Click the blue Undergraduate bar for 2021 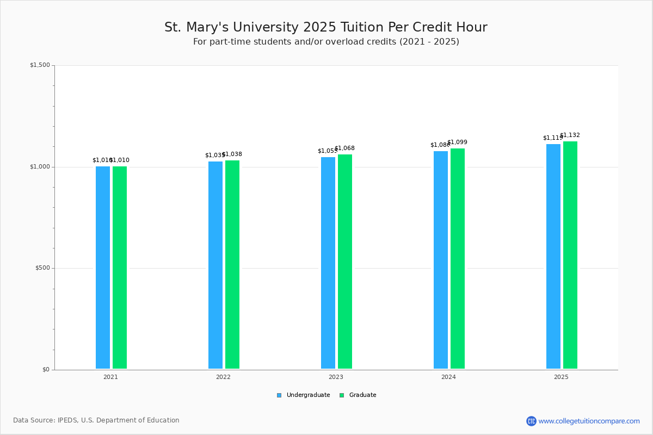[103, 268]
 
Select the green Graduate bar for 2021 [120, 268]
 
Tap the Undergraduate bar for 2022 [215, 265]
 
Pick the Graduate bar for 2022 [232, 265]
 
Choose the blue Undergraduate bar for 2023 [328, 263]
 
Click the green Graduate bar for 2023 [345, 262]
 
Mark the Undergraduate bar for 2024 [441, 260]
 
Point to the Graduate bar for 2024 [458, 259]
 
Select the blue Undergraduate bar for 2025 [553, 257]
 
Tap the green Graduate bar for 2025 [570, 255]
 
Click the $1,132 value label [570, 135]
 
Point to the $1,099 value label [458, 142]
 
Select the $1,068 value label [345, 148]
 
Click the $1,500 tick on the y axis [40, 65]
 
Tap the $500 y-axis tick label [42, 268]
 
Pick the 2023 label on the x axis [336, 377]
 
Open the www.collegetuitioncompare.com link [589, 421]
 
